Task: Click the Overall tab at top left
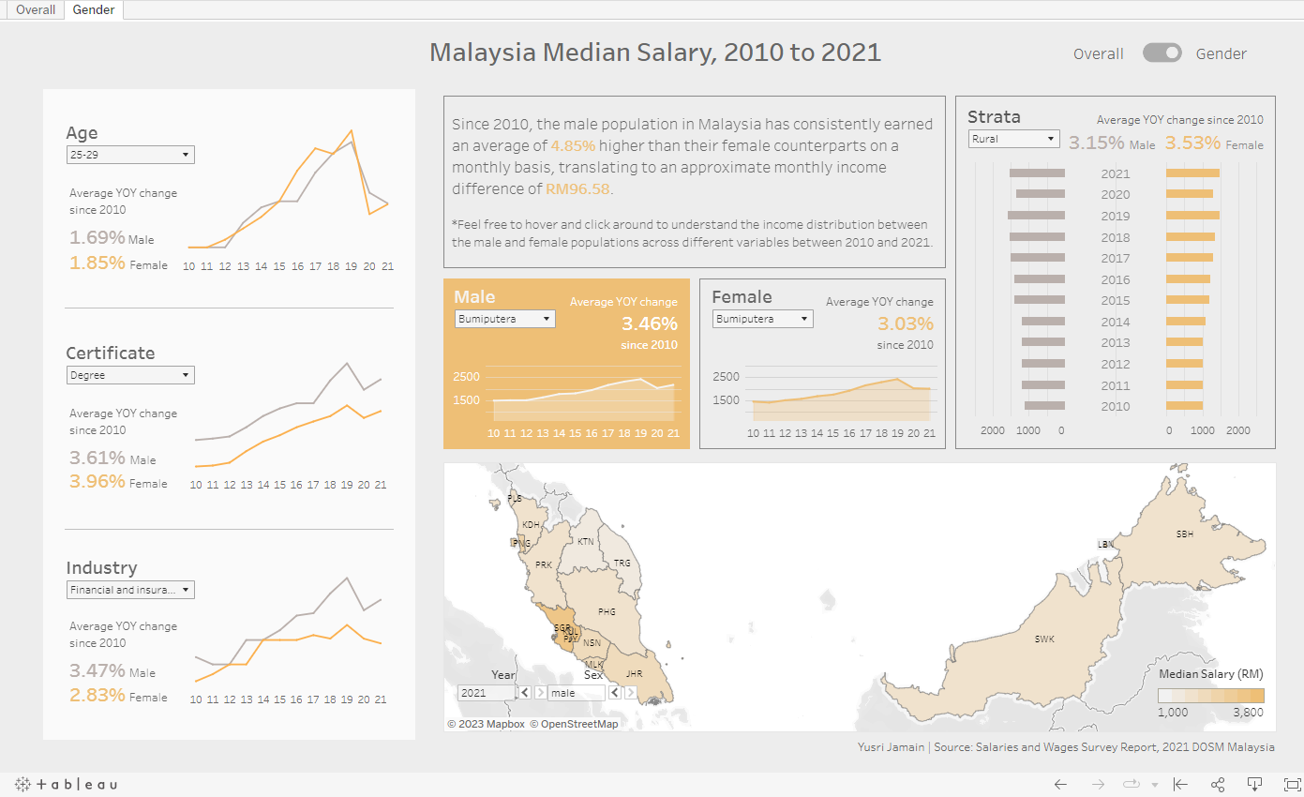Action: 36,10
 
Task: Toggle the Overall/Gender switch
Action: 1162,53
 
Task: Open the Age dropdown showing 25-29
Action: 130,155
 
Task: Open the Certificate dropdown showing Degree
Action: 130,375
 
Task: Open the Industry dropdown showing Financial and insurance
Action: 130,590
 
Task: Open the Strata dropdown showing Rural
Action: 1012,139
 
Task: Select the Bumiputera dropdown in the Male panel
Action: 504,319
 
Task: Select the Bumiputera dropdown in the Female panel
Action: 763,319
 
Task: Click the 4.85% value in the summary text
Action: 573,146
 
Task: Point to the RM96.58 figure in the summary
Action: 577,189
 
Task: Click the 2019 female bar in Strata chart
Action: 1192,216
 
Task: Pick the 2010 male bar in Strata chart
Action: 1044,406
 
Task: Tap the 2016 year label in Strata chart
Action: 1115,279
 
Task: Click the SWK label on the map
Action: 1044,639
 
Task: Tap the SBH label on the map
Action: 1185,534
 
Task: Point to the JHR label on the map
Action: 635,673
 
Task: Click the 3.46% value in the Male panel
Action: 649,324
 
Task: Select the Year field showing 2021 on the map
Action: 486,693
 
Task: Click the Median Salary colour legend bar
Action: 1210,696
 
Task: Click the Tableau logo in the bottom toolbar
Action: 66,784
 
